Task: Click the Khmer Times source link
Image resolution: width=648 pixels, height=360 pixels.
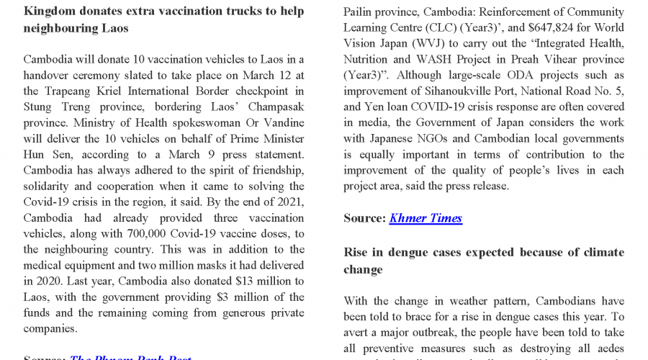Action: click(426, 218)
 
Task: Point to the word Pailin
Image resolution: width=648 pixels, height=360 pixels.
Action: click(360, 12)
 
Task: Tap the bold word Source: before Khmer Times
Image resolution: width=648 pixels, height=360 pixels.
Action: click(364, 218)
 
